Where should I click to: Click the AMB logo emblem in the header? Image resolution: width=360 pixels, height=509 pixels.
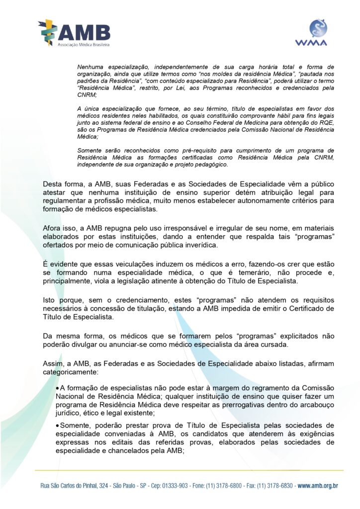(x=48, y=33)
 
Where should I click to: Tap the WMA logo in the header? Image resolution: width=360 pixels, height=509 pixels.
(x=318, y=32)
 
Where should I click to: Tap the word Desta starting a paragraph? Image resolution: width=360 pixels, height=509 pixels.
(x=52, y=184)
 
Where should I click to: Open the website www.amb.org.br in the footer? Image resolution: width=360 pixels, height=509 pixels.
(x=318, y=485)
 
